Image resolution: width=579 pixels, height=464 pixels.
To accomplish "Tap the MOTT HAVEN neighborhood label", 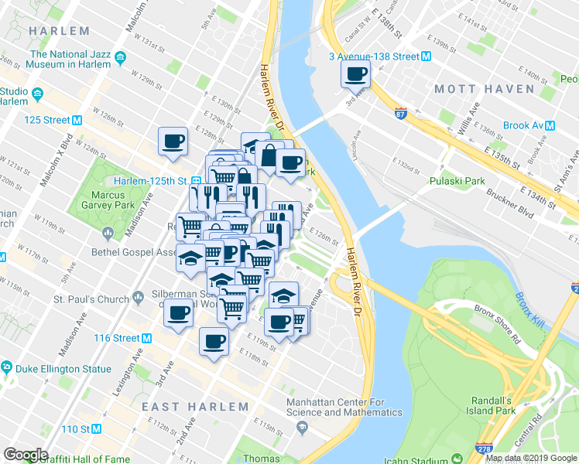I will [485, 89].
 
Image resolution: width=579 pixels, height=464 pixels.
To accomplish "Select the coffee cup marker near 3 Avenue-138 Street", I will [356, 74].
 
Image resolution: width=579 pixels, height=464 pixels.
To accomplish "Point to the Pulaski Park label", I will [457, 182].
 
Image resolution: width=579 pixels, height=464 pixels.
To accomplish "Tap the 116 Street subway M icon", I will [147, 338].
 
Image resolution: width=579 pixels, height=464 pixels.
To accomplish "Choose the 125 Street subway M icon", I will [77, 120].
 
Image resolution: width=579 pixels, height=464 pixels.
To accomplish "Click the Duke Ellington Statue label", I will [65, 369].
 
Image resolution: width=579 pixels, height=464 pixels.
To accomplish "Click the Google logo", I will [26, 455].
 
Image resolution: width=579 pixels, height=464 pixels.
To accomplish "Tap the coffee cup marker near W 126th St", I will [173, 142].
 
